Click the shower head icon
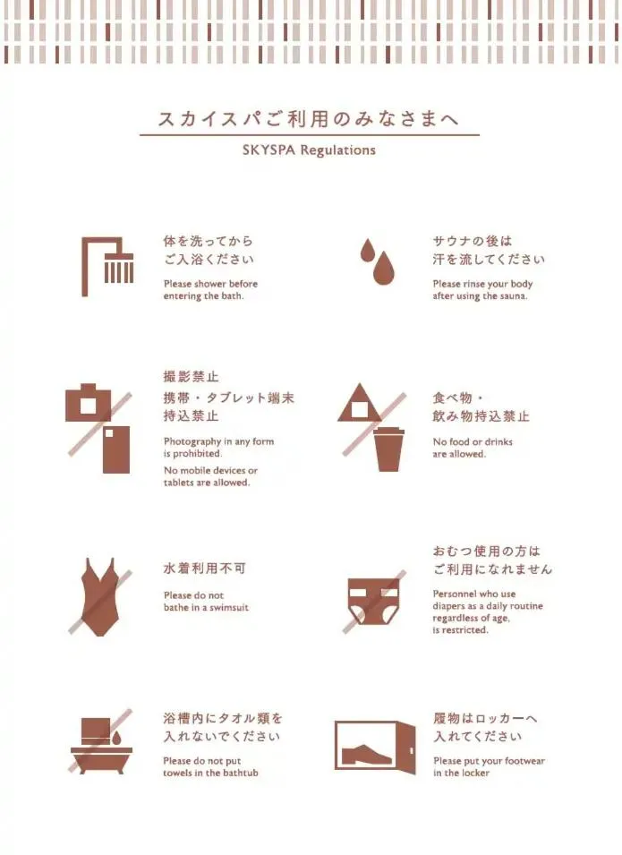(117, 268)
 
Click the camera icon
(89, 405)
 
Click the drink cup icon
(388, 449)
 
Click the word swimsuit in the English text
(228, 608)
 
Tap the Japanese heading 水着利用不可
(204, 569)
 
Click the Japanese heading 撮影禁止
(191, 377)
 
